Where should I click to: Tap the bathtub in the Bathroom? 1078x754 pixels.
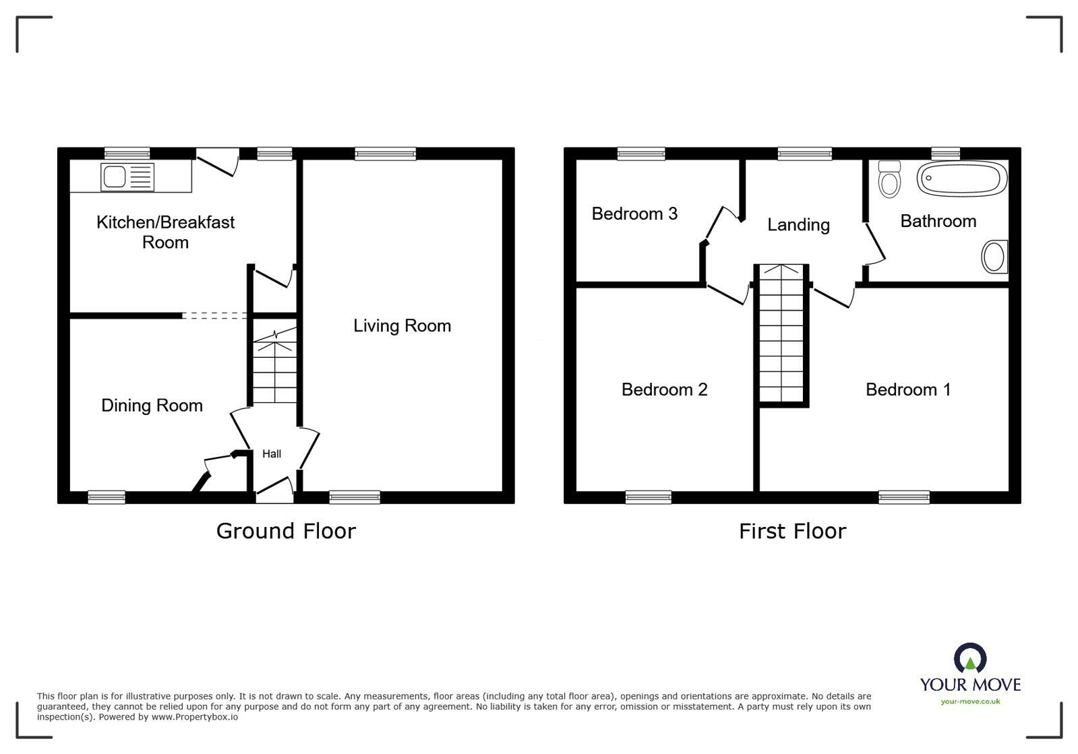pyautogui.click(x=962, y=179)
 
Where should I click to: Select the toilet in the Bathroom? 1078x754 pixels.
pyautogui.click(x=890, y=179)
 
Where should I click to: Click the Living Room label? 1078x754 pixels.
pyautogui.click(x=402, y=326)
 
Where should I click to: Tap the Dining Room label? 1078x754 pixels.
pyautogui.click(x=152, y=406)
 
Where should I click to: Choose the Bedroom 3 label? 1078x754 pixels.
pyautogui.click(x=634, y=214)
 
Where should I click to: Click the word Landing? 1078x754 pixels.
pyautogui.click(x=798, y=225)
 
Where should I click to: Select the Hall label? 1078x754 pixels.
pyautogui.click(x=272, y=454)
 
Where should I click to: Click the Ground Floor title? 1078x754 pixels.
pyautogui.click(x=286, y=532)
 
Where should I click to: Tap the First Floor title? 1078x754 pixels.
pyautogui.click(x=792, y=532)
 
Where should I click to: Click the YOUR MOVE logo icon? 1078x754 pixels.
pyautogui.click(x=970, y=658)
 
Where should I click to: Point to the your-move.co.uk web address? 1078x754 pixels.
pyautogui.click(x=970, y=701)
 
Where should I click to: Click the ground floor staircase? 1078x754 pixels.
pyautogui.click(x=274, y=367)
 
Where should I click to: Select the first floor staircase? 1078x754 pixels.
pyautogui.click(x=781, y=334)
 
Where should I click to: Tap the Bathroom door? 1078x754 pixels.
pyautogui.click(x=875, y=244)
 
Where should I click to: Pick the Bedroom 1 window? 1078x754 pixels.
pyautogui.click(x=903, y=497)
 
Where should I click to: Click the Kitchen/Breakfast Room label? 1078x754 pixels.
pyautogui.click(x=165, y=232)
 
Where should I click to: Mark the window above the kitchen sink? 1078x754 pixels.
pyautogui.click(x=127, y=154)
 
